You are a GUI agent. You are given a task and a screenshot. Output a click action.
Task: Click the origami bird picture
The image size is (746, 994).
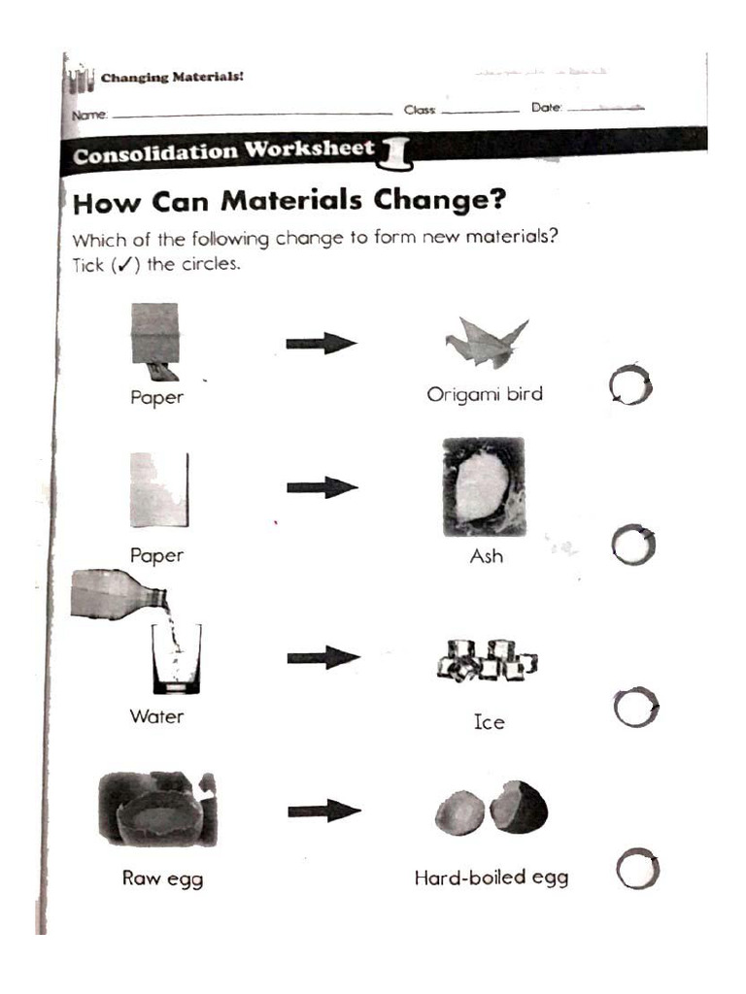pyautogui.click(x=486, y=343)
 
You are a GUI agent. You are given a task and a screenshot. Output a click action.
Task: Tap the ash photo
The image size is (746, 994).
pyautogui.click(x=484, y=487)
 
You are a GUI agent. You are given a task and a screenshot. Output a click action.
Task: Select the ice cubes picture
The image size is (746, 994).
pyautogui.click(x=488, y=660)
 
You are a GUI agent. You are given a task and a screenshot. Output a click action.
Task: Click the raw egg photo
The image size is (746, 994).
pyautogui.click(x=158, y=809)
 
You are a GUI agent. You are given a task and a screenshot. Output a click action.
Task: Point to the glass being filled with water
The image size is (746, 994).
pyautogui.click(x=177, y=659)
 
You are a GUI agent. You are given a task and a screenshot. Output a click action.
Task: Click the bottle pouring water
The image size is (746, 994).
pyautogui.click(x=119, y=594)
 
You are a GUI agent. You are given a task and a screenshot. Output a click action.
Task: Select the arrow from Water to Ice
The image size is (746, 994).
pyautogui.click(x=323, y=657)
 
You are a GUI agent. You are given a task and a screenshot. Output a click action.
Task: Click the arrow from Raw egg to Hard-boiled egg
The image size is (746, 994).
pyautogui.click(x=324, y=811)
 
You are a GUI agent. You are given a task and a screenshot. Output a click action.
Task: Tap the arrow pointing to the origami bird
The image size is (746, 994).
pyautogui.click(x=322, y=344)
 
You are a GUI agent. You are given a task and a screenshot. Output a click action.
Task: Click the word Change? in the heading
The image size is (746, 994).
pyautogui.click(x=440, y=200)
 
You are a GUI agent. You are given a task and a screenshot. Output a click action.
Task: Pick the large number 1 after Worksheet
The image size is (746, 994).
pyautogui.click(x=395, y=153)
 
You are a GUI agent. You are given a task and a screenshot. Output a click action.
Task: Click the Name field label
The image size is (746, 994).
pyautogui.click(x=89, y=115)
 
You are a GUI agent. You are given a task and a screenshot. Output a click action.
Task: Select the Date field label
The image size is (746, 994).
pyautogui.click(x=547, y=108)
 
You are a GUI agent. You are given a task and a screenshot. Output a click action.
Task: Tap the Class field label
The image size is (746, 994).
pyautogui.click(x=420, y=111)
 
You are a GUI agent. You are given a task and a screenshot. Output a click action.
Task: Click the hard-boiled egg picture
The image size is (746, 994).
pyautogui.click(x=492, y=809)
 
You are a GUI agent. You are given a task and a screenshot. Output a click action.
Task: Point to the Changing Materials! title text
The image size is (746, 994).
pyautogui.click(x=172, y=78)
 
